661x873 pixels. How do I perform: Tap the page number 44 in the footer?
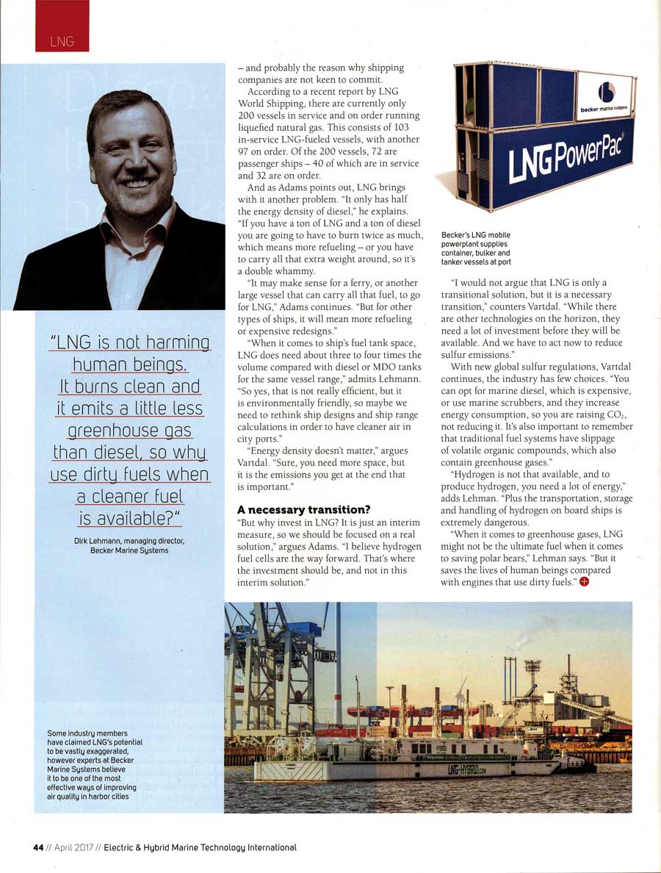(39, 847)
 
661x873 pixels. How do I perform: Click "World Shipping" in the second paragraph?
(270, 104)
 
